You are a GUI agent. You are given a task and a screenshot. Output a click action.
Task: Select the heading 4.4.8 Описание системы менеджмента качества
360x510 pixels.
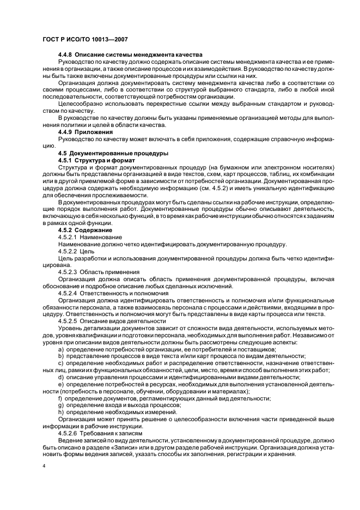point(130,55)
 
